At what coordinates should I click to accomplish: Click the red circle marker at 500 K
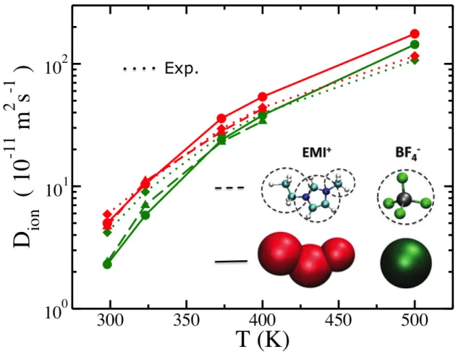(x=415, y=34)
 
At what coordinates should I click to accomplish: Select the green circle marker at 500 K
(x=415, y=45)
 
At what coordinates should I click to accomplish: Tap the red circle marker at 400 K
(x=263, y=97)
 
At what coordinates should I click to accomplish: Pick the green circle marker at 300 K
(x=107, y=265)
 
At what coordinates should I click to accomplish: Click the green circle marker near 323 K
(x=145, y=215)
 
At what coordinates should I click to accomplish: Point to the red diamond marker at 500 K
(x=415, y=56)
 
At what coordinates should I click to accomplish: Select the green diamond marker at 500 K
(x=415, y=61)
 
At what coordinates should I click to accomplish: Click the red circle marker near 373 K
(x=221, y=119)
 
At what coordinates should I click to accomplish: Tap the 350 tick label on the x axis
(x=186, y=321)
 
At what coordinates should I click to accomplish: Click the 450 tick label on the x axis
(x=339, y=321)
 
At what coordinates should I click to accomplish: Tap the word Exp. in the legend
(x=182, y=69)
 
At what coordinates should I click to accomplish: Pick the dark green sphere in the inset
(x=406, y=262)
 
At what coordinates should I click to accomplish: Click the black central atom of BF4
(x=404, y=199)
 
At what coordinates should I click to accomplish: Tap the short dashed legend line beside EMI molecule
(x=229, y=188)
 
